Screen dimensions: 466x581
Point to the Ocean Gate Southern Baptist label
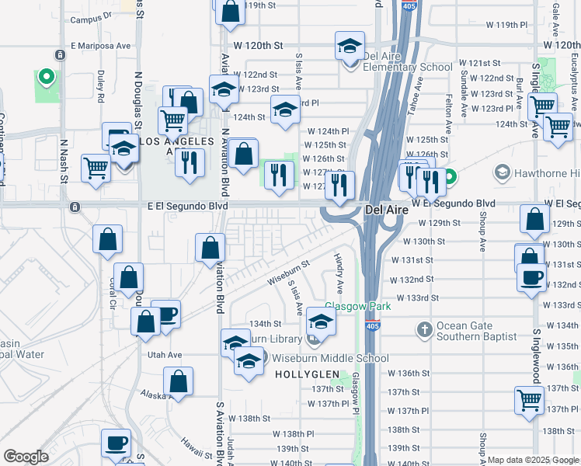tap(477, 332)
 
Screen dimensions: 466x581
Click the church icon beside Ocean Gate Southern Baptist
tap(424, 330)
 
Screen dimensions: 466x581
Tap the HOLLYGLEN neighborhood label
tap(304, 374)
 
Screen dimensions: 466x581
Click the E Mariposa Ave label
tap(101, 46)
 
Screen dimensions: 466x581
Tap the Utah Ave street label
tap(165, 355)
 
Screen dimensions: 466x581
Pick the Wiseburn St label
tap(288, 268)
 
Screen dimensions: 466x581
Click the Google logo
tap(26, 457)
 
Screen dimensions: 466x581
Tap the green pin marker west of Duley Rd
tap(46, 78)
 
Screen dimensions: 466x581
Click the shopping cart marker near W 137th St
tap(529, 401)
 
